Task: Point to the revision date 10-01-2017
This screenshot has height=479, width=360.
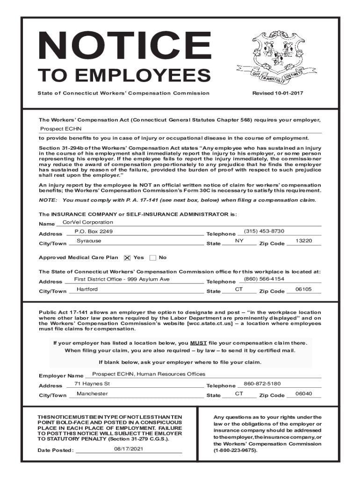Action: point(278,93)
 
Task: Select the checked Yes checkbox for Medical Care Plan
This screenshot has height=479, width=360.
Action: point(127,258)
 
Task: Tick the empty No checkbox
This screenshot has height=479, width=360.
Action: point(153,258)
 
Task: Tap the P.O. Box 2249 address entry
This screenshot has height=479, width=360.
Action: point(94,232)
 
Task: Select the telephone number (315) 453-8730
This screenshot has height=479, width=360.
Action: point(264,232)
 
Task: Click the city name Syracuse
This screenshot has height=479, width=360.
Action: point(89,241)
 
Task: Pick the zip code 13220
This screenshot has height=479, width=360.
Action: point(304,241)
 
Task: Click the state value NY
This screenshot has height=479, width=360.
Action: point(239,241)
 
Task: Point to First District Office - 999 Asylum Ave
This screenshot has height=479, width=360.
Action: point(122,279)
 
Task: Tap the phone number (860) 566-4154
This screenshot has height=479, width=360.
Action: point(264,279)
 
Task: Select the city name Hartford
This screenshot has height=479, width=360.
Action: point(87,289)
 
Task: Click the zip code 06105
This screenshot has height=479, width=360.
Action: point(304,289)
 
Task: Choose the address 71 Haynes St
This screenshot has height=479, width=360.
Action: point(92,384)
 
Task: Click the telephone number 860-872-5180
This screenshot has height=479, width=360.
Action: point(262,384)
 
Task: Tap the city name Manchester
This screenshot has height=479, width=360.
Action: point(92,393)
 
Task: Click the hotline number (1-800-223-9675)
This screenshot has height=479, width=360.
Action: point(235,450)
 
